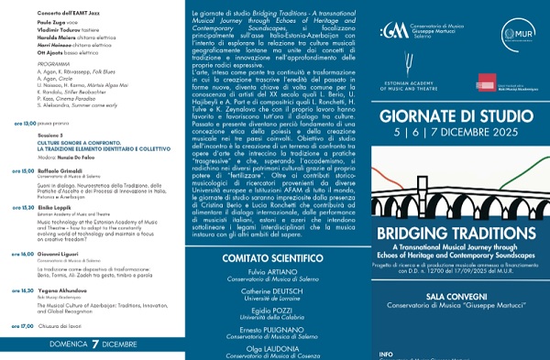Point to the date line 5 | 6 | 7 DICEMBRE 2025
(469, 145)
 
